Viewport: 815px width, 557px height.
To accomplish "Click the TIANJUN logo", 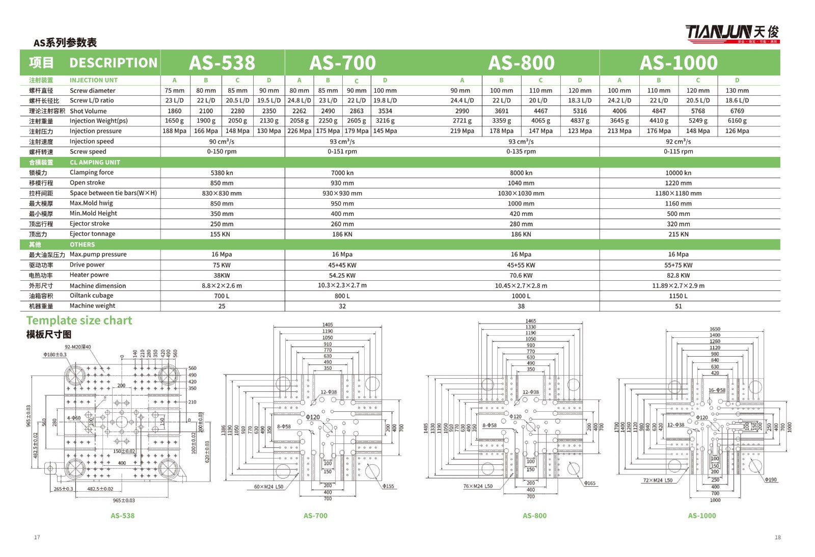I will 731,33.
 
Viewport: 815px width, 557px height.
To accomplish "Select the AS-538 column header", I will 222,63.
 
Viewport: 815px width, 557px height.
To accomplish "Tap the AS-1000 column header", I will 678,63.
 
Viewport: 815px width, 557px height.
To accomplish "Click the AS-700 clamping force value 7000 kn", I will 342,173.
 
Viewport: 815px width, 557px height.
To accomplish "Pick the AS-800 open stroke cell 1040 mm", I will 521,183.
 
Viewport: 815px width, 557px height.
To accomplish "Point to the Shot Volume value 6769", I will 737,111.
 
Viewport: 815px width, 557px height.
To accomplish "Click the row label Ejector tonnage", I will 92,234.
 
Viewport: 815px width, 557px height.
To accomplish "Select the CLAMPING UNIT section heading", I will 95,162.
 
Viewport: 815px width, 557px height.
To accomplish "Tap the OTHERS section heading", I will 82,245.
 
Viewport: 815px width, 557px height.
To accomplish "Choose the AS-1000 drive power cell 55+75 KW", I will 678,265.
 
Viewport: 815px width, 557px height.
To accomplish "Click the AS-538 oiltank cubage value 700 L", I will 222,296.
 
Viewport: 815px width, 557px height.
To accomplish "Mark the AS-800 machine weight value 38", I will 521,306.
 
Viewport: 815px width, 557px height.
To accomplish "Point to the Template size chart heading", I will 79,321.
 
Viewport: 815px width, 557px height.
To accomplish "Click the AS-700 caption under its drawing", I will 315,516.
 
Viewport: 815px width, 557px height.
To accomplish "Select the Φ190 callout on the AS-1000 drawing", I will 771,480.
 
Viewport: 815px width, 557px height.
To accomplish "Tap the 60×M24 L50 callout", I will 268,487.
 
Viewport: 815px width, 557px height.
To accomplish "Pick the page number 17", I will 37,537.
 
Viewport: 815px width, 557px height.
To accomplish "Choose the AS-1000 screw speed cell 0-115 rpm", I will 678,151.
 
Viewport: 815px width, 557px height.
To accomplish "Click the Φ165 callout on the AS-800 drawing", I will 589,483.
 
